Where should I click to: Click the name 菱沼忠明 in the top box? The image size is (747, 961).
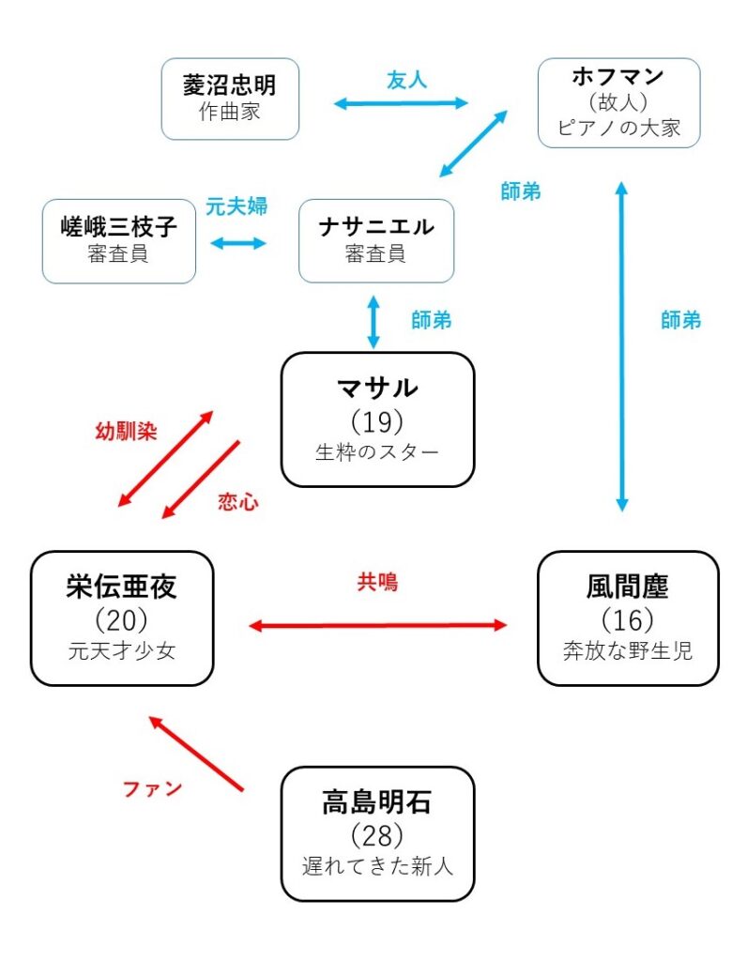click(229, 85)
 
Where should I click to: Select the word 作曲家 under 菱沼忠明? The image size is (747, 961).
click(229, 112)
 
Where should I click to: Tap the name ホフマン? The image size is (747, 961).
click(618, 75)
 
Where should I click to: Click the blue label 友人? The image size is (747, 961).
click(406, 80)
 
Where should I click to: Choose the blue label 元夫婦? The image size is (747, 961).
click(236, 206)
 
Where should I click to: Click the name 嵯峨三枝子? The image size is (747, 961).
click(118, 226)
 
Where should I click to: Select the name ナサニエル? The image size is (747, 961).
click(375, 226)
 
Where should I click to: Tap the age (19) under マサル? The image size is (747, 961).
click(376, 419)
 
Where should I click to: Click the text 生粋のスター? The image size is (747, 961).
click(376, 451)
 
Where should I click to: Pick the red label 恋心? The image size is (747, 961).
click(237, 502)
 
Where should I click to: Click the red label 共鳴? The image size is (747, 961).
click(376, 582)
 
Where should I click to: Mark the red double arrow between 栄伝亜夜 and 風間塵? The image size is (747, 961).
click(376, 625)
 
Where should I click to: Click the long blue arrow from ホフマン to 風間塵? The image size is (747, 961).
click(620, 347)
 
